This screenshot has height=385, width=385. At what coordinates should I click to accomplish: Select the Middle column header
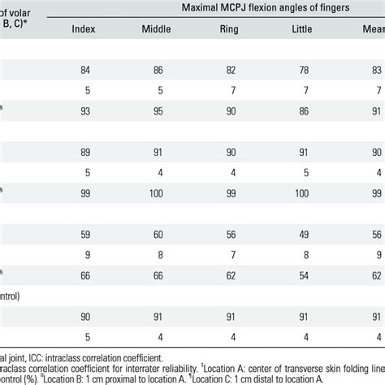click(156, 36)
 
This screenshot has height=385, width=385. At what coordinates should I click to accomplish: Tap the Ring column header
click(230, 36)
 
